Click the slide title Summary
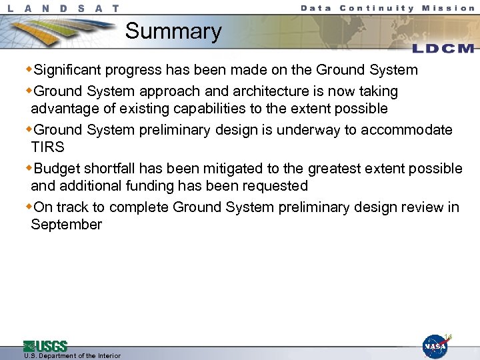point(173,31)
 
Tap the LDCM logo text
point(443,49)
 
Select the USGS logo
point(45,346)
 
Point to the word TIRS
point(47,147)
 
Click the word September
point(67,225)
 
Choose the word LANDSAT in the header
point(64,9)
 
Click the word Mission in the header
point(449,8)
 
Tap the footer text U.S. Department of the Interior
point(72,356)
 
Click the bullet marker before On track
point(29,207)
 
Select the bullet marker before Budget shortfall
point(29,168)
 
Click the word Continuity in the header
point(376,8)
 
